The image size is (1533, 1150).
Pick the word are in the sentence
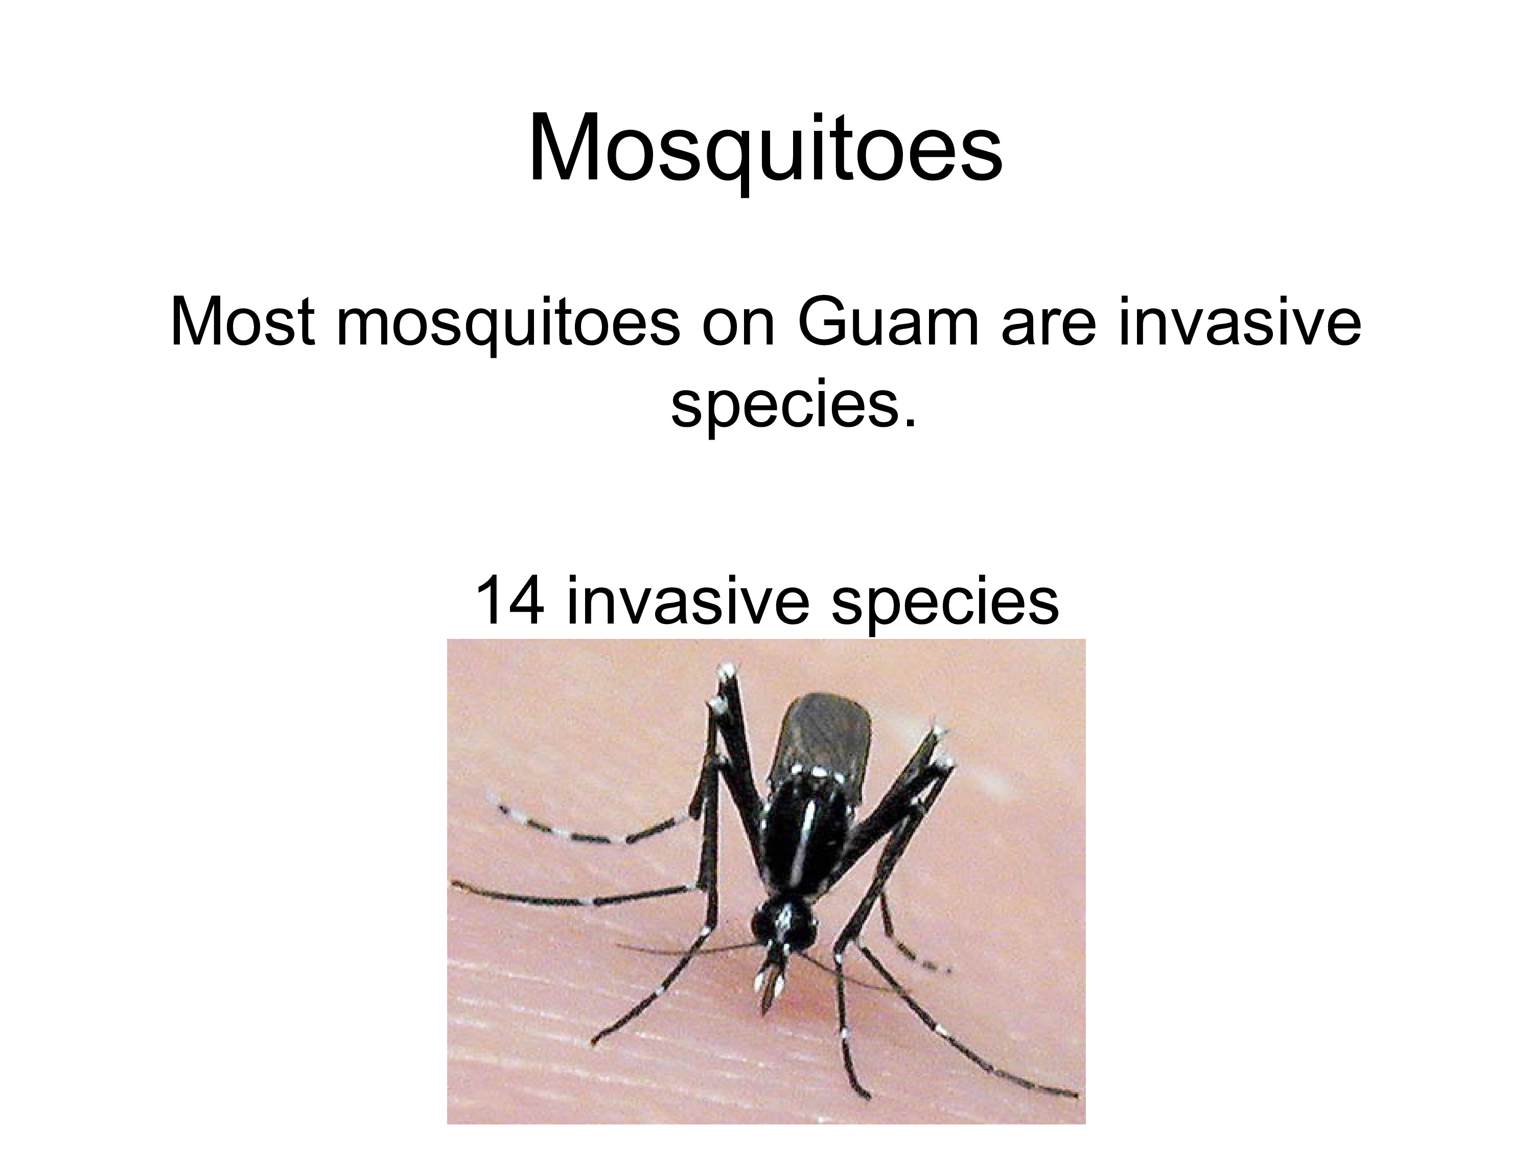point(1049,329)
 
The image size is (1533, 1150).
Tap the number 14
point(508,600)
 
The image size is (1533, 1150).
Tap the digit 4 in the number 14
point(527,600)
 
